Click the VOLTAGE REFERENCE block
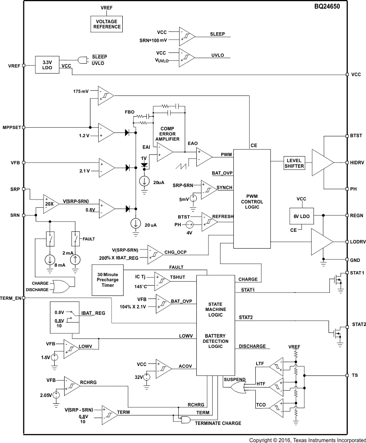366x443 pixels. click(x=106, y=24)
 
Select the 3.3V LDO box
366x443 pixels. click(x=47, y=65)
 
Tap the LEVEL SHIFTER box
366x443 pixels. click(x=295, y=163)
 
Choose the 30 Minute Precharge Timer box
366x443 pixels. click(x=108, y=280)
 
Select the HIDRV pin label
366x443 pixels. click(x=357, y=163)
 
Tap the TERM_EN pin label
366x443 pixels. click(x=11, y=298)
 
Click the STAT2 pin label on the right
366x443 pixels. click(x=359, y=324)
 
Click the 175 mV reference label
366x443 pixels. click(x=81, y=92)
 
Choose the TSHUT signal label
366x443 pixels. click(x=177, y=277)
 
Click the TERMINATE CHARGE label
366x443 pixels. click(x=218, y=423)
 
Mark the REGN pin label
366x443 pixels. click(x=357, y=215)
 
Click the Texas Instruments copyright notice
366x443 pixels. click(x=307, y=440)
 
